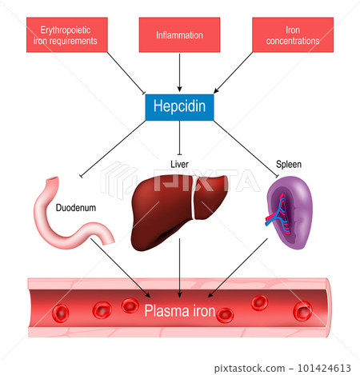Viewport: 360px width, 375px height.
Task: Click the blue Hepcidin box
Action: pos(179,106)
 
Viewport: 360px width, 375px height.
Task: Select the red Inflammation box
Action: pos(179,35)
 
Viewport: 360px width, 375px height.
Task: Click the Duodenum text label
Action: pos(77,206)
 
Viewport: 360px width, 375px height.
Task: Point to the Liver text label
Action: pos(179,163)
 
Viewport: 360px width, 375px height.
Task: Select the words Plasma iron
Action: pos(179,309)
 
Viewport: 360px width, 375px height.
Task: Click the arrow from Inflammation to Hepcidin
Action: pos(179,72)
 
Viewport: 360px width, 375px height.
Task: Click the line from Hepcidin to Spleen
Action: pos(240,148)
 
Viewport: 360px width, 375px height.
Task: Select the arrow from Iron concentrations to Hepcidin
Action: pos(240,72)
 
